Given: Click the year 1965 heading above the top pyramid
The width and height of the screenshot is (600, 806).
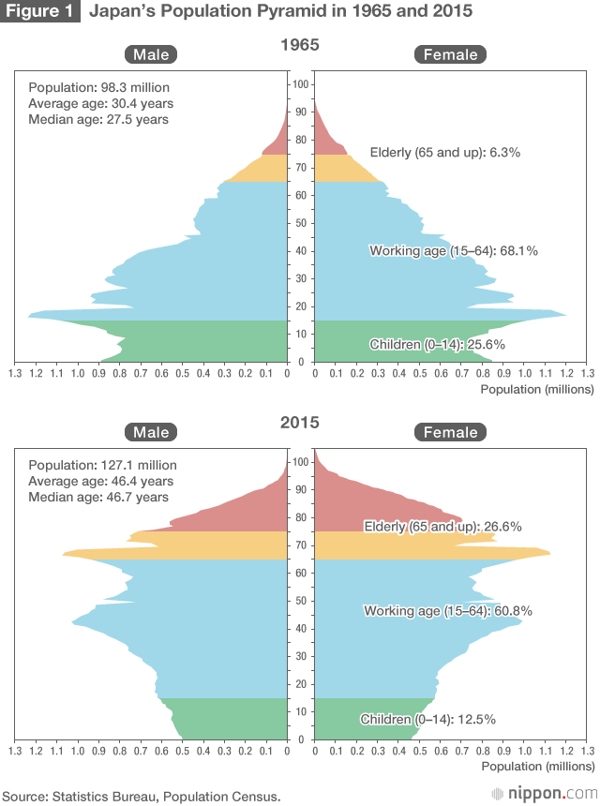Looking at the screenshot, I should pos(300,44).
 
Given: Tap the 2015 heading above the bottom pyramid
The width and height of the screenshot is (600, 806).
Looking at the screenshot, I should pos(300,423).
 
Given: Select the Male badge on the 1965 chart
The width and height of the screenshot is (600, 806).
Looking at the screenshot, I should pos(151,54).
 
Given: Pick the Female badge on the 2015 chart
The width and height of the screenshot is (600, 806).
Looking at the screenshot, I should pos(451,432).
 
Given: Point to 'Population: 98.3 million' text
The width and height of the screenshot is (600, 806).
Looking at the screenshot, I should pos(98,87).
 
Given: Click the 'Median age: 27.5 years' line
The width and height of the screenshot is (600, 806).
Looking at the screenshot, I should pos(98,119).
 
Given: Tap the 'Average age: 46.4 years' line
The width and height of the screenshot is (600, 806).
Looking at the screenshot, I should pos(100,481).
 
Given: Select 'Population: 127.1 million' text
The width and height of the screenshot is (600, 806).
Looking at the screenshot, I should pos(102,465).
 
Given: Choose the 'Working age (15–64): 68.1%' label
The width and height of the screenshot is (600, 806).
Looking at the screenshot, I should pos(454,251).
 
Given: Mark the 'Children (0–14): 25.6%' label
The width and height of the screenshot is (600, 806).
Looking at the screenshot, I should pos(438,344).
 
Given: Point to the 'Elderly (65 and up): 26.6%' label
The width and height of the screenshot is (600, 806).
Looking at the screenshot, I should pos(442,527).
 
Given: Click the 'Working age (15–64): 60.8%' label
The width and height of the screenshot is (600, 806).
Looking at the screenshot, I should pos(448,611).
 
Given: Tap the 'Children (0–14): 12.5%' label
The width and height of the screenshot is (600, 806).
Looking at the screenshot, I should pos(427,720).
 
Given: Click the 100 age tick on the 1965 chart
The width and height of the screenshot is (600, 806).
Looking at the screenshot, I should pos(300,84).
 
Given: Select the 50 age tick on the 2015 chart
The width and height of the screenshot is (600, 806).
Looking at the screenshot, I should pos(300,601).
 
